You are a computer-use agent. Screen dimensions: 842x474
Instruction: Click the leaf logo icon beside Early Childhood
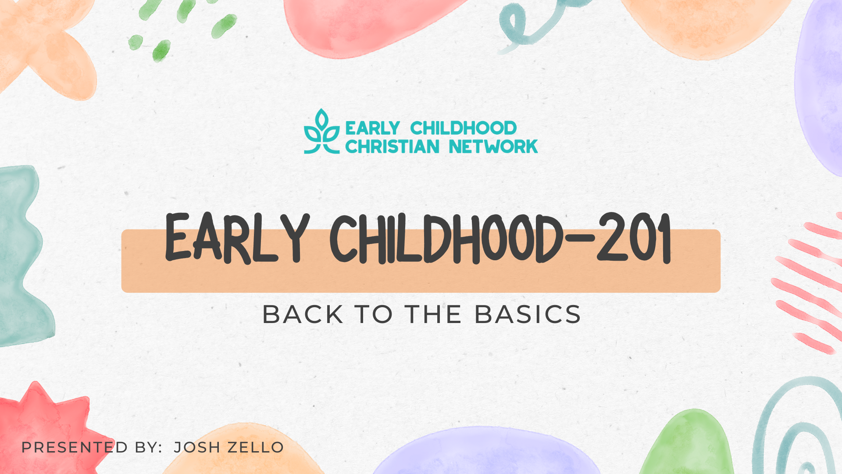(322, 131)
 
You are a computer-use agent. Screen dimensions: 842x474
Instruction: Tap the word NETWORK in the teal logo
(493, 147)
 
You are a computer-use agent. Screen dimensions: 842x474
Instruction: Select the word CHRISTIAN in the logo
(392, 147)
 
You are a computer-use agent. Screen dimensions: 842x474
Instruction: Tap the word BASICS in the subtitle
(528, 315)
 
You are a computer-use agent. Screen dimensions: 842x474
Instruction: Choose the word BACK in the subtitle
(303, 315)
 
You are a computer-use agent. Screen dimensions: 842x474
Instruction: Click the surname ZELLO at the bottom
(256, 447)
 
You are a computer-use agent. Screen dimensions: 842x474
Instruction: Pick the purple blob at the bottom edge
(487, 452)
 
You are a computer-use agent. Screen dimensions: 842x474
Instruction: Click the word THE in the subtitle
(433, 315)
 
